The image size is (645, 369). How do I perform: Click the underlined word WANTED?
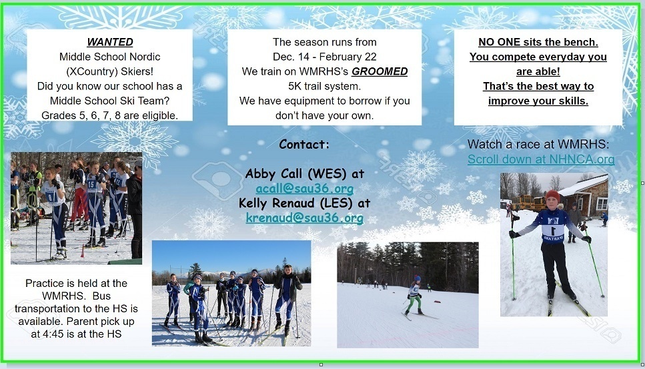click(x=110, y=42)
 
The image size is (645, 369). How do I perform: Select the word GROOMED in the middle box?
click(x=380, y=71)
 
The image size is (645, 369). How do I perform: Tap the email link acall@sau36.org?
click(x=304, y=188)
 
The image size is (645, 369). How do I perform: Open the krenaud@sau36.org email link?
click(x=304, y=218)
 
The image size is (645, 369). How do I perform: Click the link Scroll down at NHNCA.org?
click(x=541, y=159)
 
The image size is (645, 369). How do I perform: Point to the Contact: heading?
click(x=304, y=144)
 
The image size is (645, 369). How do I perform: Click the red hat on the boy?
click(x=552, y=195)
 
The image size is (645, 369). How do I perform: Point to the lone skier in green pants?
click(x=413, y=296)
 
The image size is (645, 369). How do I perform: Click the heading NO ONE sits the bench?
click(x=538, y=42)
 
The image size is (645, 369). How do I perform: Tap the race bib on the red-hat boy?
click(x=553, y=230)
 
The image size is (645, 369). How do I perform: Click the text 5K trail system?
click(x=325, y=86)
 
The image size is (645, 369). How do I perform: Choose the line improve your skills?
click(x=538, y=101)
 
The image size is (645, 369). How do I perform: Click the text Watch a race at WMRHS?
click(x=538, y=144)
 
